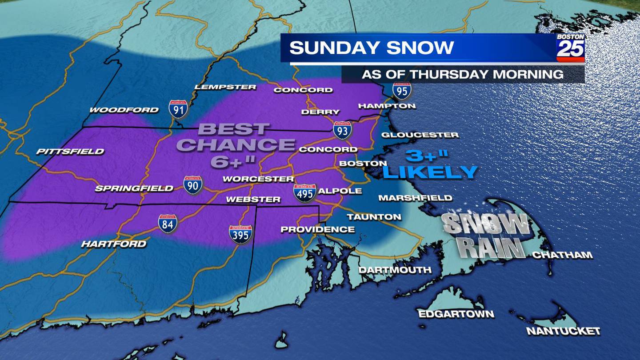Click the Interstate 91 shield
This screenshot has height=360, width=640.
click(x=178, y=109)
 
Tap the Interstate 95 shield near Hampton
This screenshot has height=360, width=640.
click(x=402, y=90)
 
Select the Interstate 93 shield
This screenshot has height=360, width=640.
click(x=342, y=130)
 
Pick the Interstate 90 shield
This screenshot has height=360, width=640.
click(x=193, y=185)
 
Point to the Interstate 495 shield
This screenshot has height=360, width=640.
click(x=305, y=193)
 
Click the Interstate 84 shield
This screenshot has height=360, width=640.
click(x=168, y=224)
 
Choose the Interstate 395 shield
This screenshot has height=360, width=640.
click(x=240, y=234)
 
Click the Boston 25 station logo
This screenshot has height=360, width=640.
click(x=570, y=48)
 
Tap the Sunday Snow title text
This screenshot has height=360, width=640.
click(x=372, y=48)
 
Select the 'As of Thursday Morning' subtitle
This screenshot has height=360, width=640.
click(x=462, y=74)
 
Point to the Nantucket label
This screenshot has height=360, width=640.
click(x=563, y=331)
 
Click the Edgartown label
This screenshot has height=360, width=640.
click(x=456, y=314)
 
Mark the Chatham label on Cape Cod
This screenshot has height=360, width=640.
click(x=562, y=255)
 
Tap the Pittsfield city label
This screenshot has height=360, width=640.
click(x=70, y=152)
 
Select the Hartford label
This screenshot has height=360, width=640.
click(x=113, y=244)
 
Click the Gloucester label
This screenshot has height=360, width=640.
click(x=420, y=135)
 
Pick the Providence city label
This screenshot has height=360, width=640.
click(x=317, y=229)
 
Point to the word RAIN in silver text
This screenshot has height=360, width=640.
click(x=491, y=248)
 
